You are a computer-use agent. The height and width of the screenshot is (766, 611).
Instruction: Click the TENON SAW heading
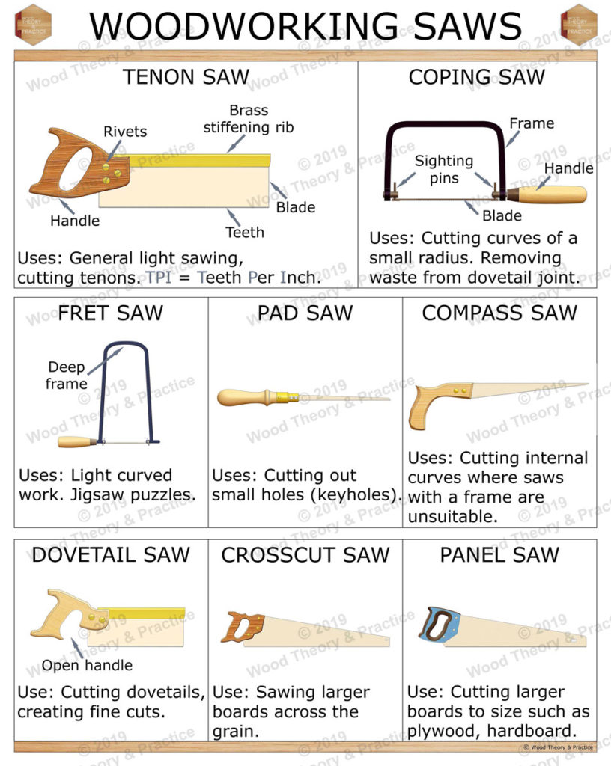(186, 77)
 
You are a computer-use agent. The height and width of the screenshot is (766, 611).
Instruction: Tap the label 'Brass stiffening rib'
(249, 119)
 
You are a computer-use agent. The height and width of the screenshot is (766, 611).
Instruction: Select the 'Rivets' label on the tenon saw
(125, 132)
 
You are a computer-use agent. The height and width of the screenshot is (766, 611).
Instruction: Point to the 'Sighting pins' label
(445, 170)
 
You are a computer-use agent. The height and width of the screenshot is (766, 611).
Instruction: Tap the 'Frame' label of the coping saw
(532, 123)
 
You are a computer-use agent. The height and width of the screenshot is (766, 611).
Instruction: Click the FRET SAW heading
(110, 312)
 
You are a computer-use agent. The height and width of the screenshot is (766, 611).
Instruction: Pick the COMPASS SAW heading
(499, 312)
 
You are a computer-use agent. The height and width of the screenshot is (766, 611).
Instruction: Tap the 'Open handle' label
(87, 665)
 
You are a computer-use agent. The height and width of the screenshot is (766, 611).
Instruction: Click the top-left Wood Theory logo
(33, 25)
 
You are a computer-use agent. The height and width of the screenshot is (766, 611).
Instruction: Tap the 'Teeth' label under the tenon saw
(245, 232)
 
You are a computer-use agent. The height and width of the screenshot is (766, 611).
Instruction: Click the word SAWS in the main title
(464, 27)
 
